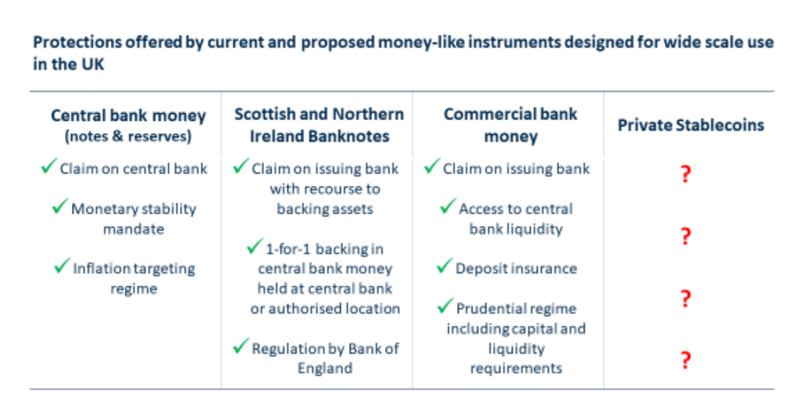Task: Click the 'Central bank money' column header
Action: pos(128,116)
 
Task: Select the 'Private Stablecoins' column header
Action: pos(691,125)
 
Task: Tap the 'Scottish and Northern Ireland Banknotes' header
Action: pos(319,125)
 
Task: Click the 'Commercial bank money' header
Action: pos(510,125)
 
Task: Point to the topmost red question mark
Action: pos(686,174)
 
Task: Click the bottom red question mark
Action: pos(686,360)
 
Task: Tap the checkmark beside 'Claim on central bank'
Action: pos(49,165)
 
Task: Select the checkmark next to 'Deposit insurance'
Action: pos(445,266)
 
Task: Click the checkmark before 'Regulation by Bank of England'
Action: pos(241,346)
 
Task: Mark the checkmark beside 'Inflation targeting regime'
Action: pos(62,266)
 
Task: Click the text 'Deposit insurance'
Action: pos(516,268)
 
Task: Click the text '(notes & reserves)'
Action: pos(128,137)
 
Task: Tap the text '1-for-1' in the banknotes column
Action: pos(288,249)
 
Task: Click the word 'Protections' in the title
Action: pos(77,43)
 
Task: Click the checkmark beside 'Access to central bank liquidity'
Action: pos(448,206)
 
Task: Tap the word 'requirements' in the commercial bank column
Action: pos(516,369)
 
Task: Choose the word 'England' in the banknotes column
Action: pos(325,369)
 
